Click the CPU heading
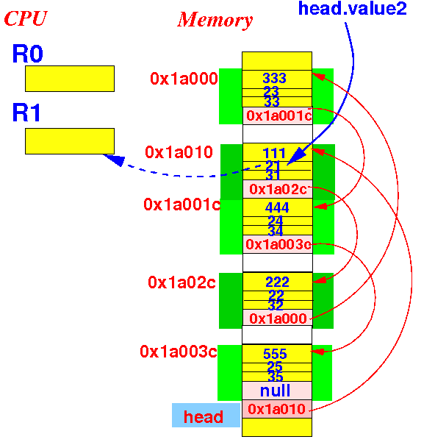[26, 18]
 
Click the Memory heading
[215, 20]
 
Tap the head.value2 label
[353, 8]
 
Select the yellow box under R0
[70, 79]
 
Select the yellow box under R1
[70, 141]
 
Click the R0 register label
[27, 54]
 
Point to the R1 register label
[26, 113]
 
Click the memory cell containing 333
[277, 79]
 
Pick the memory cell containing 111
[278, 152]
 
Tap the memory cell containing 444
[278, 207]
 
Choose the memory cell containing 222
[278, 282]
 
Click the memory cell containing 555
[277, 354]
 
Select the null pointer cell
[277, 391]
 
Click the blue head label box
[206, 415]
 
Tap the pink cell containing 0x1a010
[277, 409]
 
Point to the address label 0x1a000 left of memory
[184, 78]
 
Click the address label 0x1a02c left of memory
[181, 282]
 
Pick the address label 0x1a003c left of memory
[179, 352]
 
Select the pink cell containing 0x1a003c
[278, 244]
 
